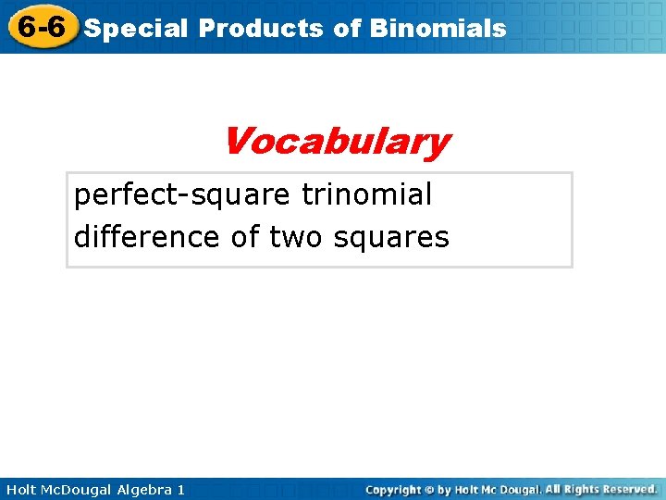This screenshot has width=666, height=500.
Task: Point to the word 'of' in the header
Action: pyautogui.click(x=347, y=29)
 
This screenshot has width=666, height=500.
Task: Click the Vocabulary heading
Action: pyautogui.click(x=335, y=143)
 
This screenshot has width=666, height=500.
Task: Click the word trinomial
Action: pyautogui.click(x=367, y=195)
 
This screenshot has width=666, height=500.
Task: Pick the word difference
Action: pyautogui.click(x=147, y=238)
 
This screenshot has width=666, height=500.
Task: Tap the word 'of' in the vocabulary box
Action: pyautogui.click(x=244, y=238)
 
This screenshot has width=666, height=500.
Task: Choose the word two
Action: pyautogui.click(x=293, y=238)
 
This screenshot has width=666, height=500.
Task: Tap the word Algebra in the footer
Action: pyautogui.click(x=143, y=489)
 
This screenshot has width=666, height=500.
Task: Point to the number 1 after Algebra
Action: pyautogui.click(x=179, y=489)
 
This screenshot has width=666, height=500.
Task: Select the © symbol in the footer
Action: pyautogui.click(x=430, y=489)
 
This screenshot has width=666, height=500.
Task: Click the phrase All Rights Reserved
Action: pyautogui.click(x=600, y=489)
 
